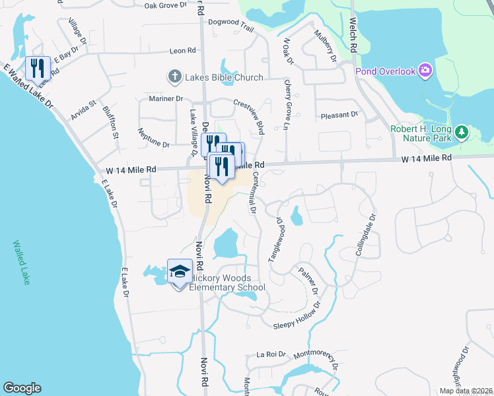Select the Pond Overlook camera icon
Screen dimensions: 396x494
coord(425,70)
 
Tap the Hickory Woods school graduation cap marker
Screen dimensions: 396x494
coord(179,271)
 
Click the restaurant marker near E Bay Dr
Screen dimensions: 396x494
coord(38,67)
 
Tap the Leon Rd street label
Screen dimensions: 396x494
coord(182,51)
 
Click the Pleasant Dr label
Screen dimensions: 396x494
coord(339,115)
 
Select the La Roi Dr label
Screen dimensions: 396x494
coord(271,354)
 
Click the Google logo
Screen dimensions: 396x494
coord(22,388)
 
